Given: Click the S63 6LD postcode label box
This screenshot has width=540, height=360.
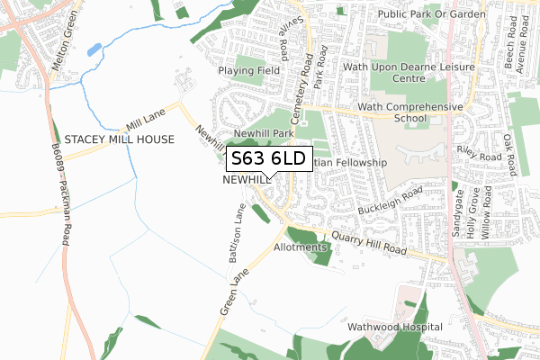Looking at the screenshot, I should (270, 159).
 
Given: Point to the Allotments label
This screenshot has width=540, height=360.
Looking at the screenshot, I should (298, 247).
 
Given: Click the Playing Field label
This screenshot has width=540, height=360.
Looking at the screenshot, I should (249, 70).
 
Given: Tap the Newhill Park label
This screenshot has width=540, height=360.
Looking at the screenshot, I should (264, 132).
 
